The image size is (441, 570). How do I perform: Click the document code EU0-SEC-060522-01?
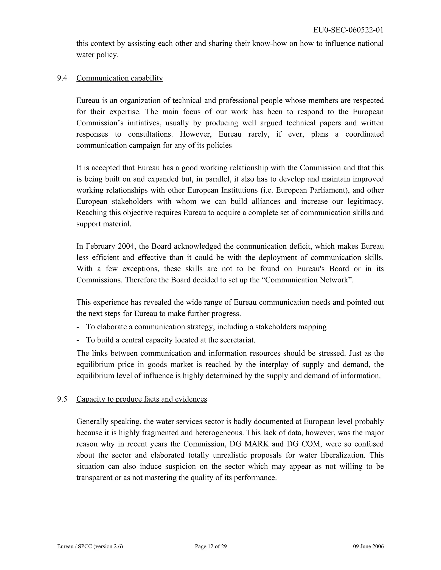[x=348, y=30]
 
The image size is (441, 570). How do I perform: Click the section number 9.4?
[x=62, y=78]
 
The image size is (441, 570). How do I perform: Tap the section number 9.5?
[x=62, y=399]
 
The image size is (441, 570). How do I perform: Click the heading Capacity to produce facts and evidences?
[x=142, y=399]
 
